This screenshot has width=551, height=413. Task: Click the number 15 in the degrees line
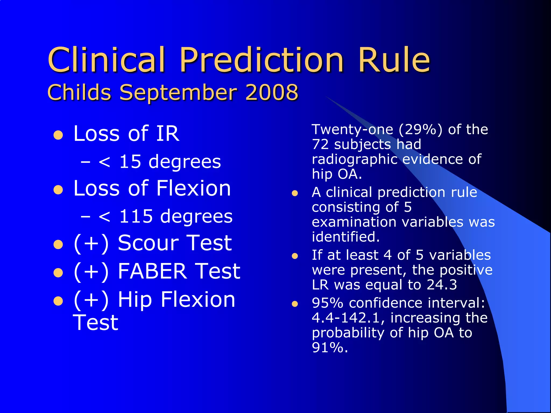[130, 162]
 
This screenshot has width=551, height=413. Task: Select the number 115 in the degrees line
[136, 216]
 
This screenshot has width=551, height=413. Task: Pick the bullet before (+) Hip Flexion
[58, 301]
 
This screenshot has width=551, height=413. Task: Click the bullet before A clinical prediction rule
[295, 193]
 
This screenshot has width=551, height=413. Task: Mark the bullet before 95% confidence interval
[295, 304]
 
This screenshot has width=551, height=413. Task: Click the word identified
[345, 237]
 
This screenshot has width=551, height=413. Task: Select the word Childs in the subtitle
[79, 92]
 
